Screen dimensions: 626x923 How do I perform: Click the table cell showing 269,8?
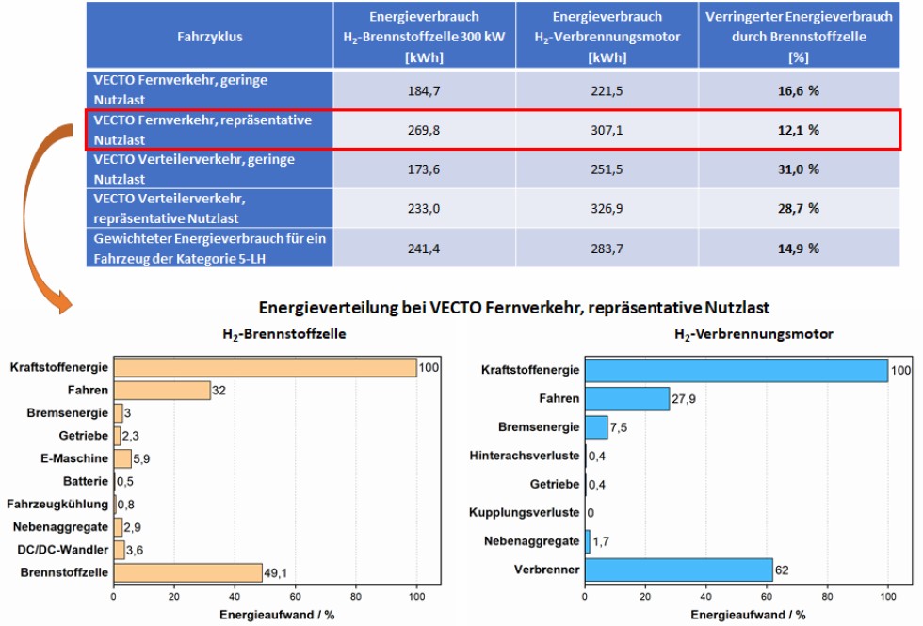[423, 131]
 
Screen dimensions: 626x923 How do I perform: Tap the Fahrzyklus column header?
[209, 36]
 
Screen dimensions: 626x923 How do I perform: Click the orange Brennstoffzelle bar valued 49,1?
[187, 572]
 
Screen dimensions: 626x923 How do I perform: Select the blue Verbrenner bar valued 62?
[678, 570]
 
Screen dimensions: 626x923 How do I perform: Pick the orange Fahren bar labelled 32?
[161, 390]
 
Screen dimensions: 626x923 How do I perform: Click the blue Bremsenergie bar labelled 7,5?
[596, 427]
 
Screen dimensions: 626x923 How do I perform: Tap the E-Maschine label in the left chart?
[79, 458]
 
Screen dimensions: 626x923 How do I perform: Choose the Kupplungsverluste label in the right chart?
[524, 513]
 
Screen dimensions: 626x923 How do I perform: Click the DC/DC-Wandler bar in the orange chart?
[119, 550]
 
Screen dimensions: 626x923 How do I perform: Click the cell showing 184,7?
[423, 90]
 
